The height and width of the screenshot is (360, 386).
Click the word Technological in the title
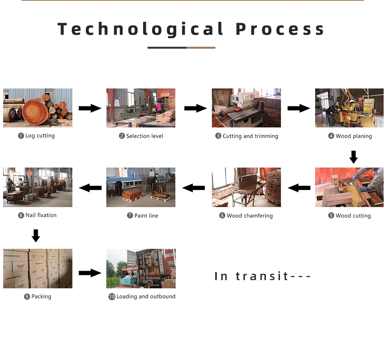[141, 30]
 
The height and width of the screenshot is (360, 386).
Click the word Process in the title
[280, 30]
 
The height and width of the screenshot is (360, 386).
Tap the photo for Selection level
[141, 108]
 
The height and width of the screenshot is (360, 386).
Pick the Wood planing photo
[349, 108]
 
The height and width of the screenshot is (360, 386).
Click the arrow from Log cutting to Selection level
[90, 108]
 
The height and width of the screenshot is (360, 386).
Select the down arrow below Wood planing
[353, 157]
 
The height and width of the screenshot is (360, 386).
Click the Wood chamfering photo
[246, 187]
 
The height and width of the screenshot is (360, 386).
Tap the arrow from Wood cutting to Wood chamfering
[299, 188]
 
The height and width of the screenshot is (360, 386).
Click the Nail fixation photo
[38, 187]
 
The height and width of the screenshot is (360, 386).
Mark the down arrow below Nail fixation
[36, 236]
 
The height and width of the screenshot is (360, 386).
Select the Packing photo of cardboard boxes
[38, 268]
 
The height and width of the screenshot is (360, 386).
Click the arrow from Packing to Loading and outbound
[90, 273]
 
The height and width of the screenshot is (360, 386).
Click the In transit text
[263, 276]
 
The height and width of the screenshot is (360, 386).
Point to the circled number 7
[130, 216]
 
